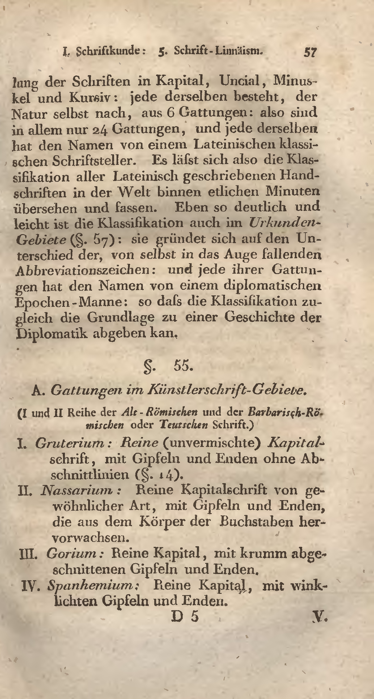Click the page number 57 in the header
point(309,51)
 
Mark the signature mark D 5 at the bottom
point(185,617)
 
